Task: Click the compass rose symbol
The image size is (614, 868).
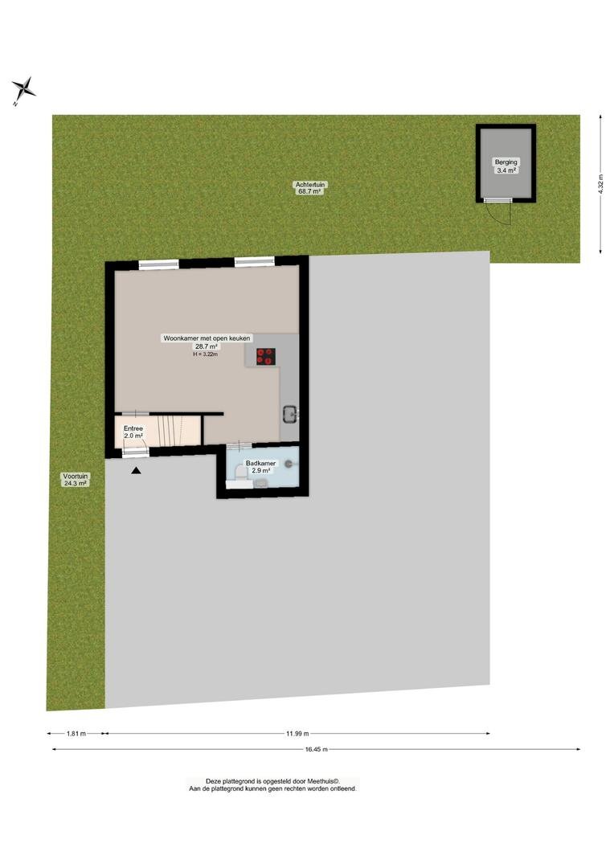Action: tap(23, 88)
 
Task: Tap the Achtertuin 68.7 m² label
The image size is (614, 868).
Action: tap(310, 187)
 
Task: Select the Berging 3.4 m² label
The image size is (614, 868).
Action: tap(506, 166)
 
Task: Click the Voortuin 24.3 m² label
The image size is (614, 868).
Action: tap(76, 479)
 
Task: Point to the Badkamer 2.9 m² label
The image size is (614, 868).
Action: tap(260, 467)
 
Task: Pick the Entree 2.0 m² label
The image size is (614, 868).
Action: tap(133, 432)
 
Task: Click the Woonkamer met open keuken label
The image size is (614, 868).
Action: tap(207, 338)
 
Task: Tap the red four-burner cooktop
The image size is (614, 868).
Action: tap(266, 356)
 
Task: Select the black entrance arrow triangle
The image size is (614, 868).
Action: tap(136, 470)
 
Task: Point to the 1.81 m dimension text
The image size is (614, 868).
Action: tap(76, 734)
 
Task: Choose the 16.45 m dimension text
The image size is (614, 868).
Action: tap(317, 749)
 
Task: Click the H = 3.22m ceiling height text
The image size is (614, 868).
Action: tap(206, 354)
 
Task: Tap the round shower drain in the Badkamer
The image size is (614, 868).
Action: tap(289, 466)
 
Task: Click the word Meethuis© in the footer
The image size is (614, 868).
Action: tap(325, 780)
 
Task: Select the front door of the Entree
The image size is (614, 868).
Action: tap(136, 452)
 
